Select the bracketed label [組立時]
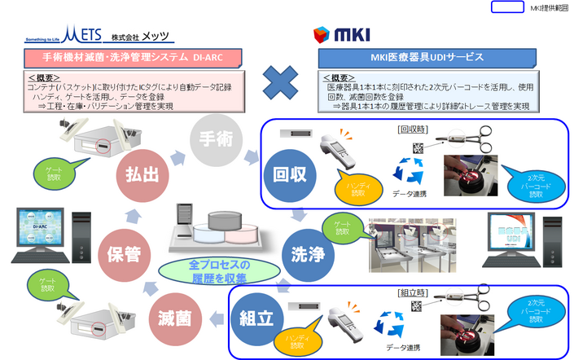[412, 292]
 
